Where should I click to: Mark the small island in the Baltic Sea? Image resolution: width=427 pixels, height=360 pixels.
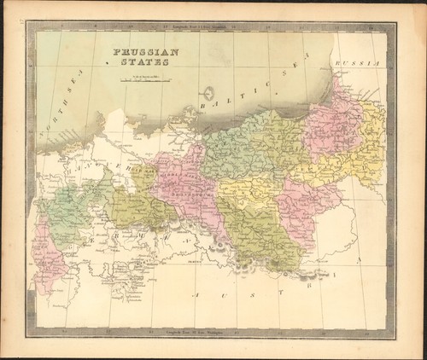[x=208, y=92]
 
